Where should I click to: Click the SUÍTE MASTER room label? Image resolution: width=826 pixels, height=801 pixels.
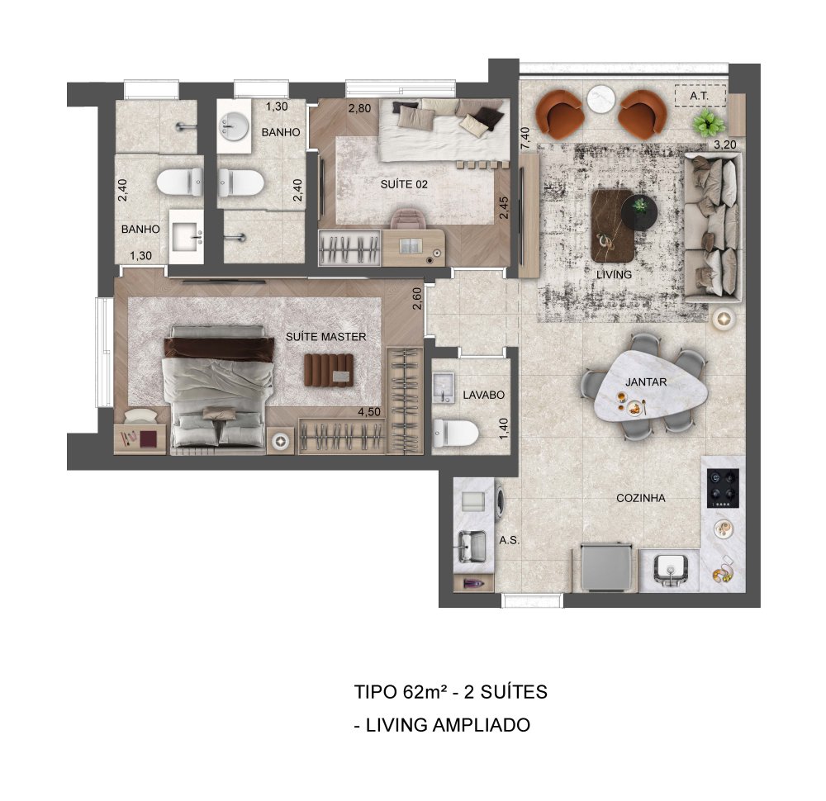(325, 337)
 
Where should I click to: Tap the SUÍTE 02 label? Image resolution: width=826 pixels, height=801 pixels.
(404, 184)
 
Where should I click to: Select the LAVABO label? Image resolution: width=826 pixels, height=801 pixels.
(483, 395)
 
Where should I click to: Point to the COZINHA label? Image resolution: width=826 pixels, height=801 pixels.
(641, 498)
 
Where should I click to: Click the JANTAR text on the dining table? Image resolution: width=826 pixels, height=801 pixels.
(646, 382)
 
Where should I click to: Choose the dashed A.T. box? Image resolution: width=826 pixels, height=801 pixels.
(700, 96)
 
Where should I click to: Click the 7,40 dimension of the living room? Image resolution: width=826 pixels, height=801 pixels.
(525, 140)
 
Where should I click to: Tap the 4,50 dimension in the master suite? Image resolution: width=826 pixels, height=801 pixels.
(368, 412)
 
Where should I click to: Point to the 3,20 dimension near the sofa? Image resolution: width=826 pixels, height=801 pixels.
(725, 145)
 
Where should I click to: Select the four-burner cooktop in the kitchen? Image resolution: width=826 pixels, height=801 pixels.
(723, 488)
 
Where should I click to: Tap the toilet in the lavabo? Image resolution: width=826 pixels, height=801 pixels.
(455, 434)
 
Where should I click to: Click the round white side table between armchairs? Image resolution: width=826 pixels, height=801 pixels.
(601, 99)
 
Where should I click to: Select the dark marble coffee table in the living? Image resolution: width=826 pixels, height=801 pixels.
(613, 225)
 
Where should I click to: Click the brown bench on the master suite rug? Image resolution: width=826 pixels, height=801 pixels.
(329, 370)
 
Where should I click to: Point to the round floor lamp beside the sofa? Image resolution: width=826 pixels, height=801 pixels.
(724, 318)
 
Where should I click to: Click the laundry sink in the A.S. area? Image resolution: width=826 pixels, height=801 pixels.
(472, 546)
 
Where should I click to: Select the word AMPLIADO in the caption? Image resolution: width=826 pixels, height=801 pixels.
(481, 725)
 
